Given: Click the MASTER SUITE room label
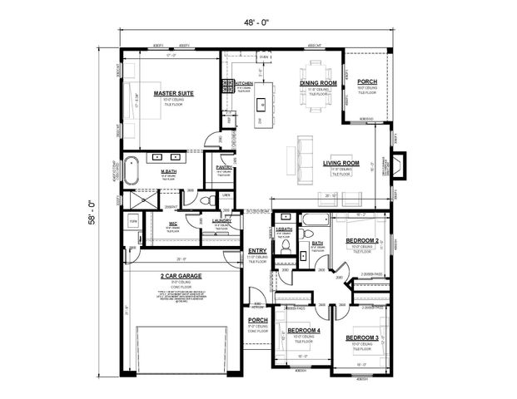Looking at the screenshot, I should pyautogui.click(x=173, y=94).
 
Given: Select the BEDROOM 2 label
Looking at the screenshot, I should pyautogui.click(x=363, y=242).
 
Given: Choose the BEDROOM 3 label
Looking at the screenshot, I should pyautogui.click(x=362, y=337).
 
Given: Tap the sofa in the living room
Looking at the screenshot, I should pyautogui.click(x=295, y=155).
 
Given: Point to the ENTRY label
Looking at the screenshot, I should pyautogui.click(x=257, y=250).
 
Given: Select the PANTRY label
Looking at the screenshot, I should pyautogui.click(x=223, y=167).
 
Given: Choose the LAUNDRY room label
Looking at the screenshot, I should pyautogui.click(x=221, y=221).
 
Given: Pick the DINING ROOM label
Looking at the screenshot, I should pyautogui.click(x=318, y=84).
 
